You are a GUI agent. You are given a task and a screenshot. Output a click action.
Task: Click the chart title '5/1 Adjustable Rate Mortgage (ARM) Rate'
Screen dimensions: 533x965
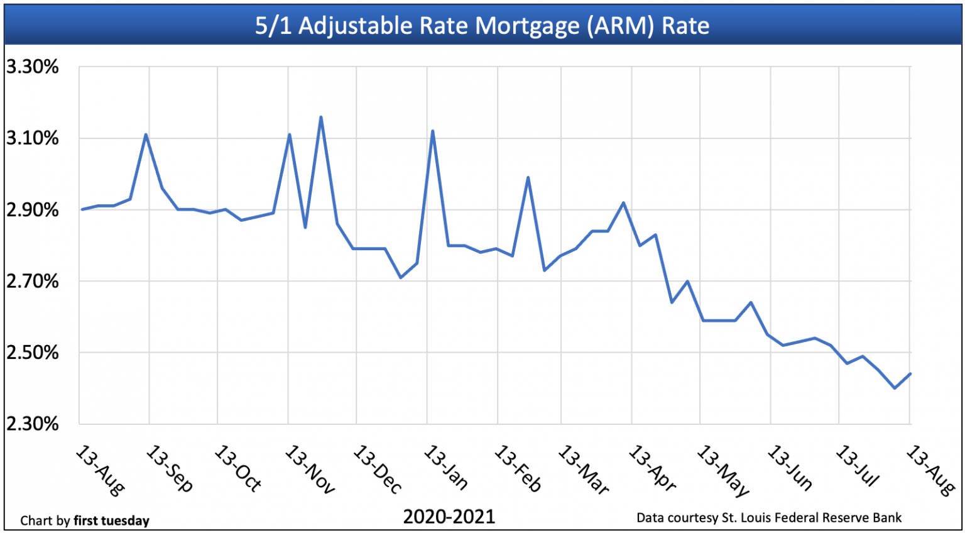click(x=482, y=26)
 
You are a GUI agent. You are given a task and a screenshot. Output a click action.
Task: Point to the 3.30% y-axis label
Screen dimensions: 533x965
click(x=33, y=67)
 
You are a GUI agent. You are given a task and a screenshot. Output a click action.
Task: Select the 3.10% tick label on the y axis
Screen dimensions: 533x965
click(x=33, y=138)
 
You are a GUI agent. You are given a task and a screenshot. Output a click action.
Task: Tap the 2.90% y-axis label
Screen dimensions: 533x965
click(x=33, y=210)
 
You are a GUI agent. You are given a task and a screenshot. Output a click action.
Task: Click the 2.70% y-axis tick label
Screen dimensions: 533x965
click(x=33, y=281)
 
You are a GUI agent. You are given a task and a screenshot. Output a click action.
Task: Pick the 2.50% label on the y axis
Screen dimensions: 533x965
click(x=33, y=353)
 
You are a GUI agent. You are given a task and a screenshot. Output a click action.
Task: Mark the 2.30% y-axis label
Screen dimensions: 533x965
click(x=33, y=424)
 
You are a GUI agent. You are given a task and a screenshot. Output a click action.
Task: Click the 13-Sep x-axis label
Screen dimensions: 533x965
click(x=170, y=469)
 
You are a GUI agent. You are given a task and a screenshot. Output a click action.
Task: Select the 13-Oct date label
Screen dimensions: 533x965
click(x=238, y=469)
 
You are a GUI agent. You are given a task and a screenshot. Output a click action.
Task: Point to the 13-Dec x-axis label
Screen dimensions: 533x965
click(x=377, y=469)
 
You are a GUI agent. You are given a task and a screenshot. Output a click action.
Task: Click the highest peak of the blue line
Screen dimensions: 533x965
click(x=321, y=117)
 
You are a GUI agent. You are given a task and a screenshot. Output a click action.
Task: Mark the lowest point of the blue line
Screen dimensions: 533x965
click(x=895, y=388)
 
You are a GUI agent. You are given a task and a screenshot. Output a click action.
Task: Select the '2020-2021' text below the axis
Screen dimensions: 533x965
click(x=449, y=517)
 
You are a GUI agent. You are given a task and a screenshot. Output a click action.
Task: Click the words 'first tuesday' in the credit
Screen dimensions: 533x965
click(x=111, y=521)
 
